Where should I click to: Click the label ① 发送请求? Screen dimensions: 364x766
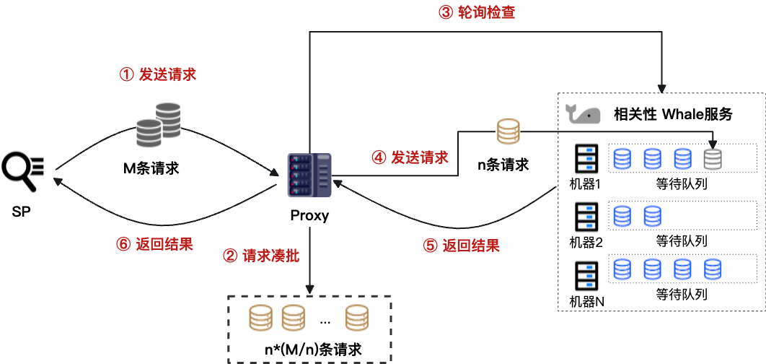click(x=157, y=74)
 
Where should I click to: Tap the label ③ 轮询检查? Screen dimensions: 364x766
click(x=477, y=12)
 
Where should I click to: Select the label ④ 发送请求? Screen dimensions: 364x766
click(x=409, y=157)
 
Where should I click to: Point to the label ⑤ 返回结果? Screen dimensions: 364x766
click(x=461, y=246)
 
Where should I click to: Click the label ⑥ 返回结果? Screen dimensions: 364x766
click(x=154, y=243)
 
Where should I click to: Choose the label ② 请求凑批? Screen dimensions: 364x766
click(x=261, y=256)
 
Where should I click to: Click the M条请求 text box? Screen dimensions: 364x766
click(x=150, y=169)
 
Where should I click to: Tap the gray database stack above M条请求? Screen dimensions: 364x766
click(x=159, y=125)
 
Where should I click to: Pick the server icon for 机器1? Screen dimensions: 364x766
click(x=586, y=158)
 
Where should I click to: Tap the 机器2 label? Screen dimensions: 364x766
click(x=586, y=242)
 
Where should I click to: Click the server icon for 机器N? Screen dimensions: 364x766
click(x=586, y=274)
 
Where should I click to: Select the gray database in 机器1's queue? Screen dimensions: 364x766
click(x=713, y=158)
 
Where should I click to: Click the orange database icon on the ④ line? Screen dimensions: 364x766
click(x=508, y=131)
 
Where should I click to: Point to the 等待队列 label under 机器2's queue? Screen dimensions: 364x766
click(x=681, y=240)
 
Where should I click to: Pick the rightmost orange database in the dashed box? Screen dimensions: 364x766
click(x=356, y=318)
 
